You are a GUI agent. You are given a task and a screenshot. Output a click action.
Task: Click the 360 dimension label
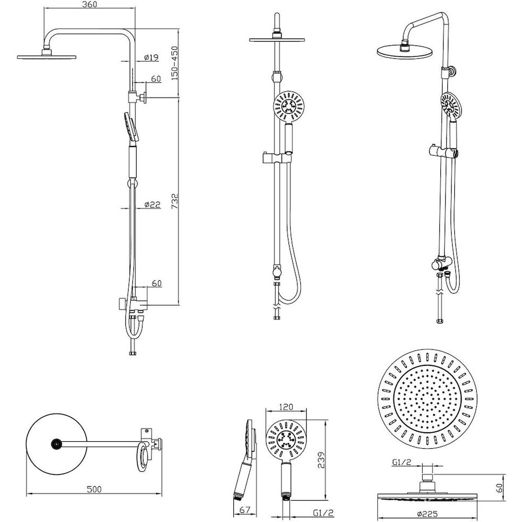89,4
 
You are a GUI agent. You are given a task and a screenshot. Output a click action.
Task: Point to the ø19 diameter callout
151,57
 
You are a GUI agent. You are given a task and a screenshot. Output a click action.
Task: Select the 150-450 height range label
175,63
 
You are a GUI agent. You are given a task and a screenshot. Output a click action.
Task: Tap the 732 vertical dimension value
175,201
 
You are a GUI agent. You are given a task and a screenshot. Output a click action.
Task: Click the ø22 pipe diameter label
152,204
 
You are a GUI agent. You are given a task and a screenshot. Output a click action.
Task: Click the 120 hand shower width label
286,407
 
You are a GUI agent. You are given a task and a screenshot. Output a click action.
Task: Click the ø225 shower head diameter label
428,513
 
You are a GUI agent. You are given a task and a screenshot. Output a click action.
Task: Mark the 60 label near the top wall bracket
156,79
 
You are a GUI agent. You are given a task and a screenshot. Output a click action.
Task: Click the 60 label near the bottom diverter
157,283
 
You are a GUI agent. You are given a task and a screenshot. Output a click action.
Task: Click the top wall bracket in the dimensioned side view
137,97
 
